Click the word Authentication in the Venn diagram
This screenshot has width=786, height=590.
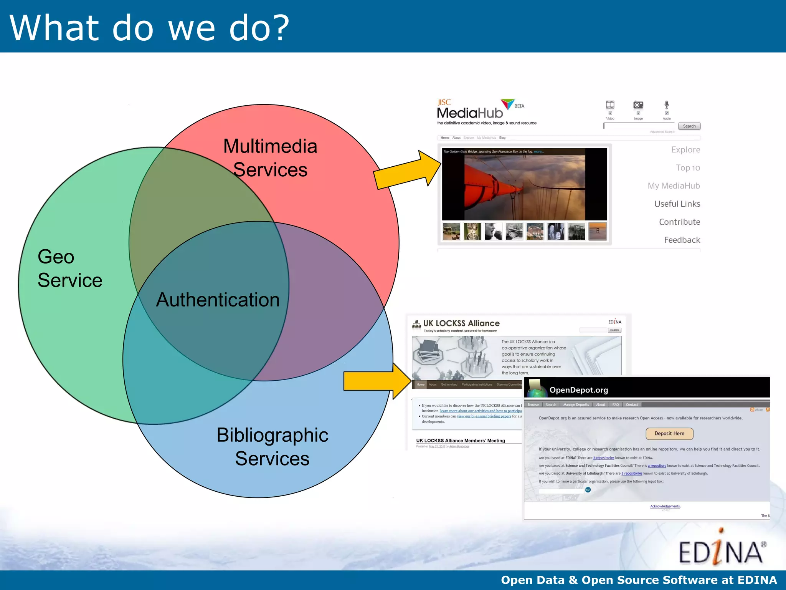(218, 300)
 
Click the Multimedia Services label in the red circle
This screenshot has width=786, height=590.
(270, 158)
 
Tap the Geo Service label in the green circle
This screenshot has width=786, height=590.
(70, 268)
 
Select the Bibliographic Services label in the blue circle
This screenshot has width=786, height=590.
(272, 447)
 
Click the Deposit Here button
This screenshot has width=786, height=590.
(669, 434)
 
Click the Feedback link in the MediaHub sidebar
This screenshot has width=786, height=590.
(682, 240)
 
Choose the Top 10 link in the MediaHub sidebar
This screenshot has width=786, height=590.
(688, 168)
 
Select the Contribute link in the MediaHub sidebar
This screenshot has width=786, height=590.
(679, 222)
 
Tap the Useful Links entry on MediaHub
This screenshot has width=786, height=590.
(677, 204)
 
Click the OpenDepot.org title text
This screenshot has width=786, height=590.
(578, 390)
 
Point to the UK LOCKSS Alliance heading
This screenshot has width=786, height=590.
(461, 323)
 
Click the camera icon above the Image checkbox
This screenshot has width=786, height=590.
(638, 105)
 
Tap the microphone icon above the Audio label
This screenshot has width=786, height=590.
(667, 104)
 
